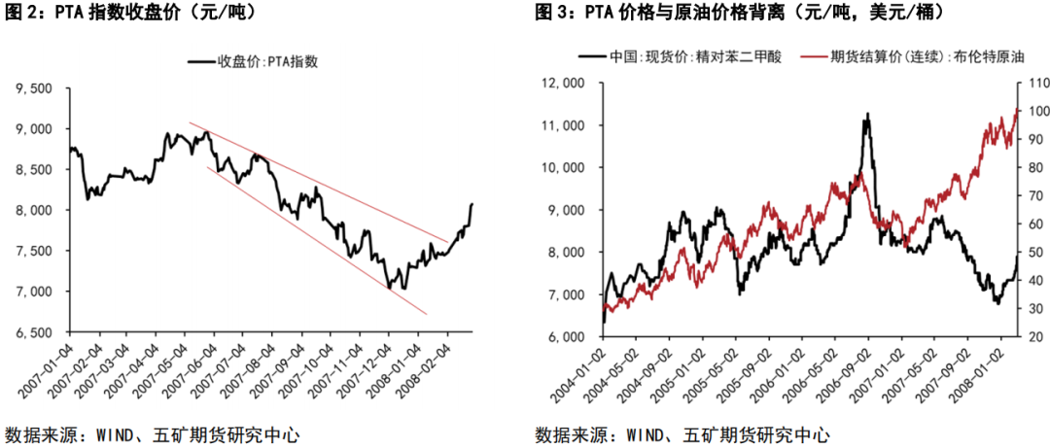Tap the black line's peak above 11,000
point(867,114)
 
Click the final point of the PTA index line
point(472,204)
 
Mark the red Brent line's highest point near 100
point(1018,109)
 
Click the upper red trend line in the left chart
point(321,184)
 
